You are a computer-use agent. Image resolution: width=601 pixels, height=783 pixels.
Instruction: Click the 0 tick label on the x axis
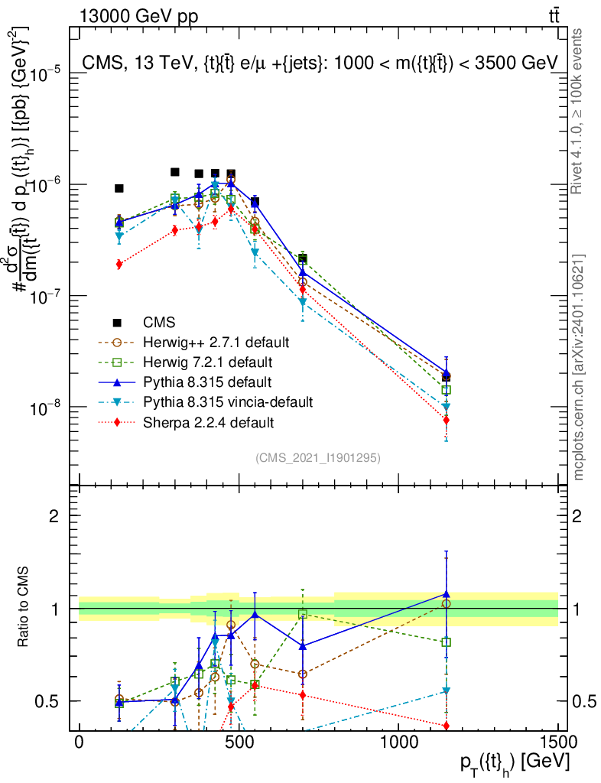(x=79, y=742)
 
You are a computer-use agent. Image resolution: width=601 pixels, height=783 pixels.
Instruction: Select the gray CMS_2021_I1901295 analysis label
(x=318, y=457)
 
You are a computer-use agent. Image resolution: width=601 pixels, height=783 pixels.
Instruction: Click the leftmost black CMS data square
(x=119, y=188)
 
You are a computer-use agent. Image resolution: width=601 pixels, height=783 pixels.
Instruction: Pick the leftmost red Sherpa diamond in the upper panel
(x=119, y=265)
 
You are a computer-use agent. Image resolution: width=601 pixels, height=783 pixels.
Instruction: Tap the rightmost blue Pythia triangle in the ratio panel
(x=446, y=593)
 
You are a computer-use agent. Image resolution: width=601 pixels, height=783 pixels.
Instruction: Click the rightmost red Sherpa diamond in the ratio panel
(x=446, y=725)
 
